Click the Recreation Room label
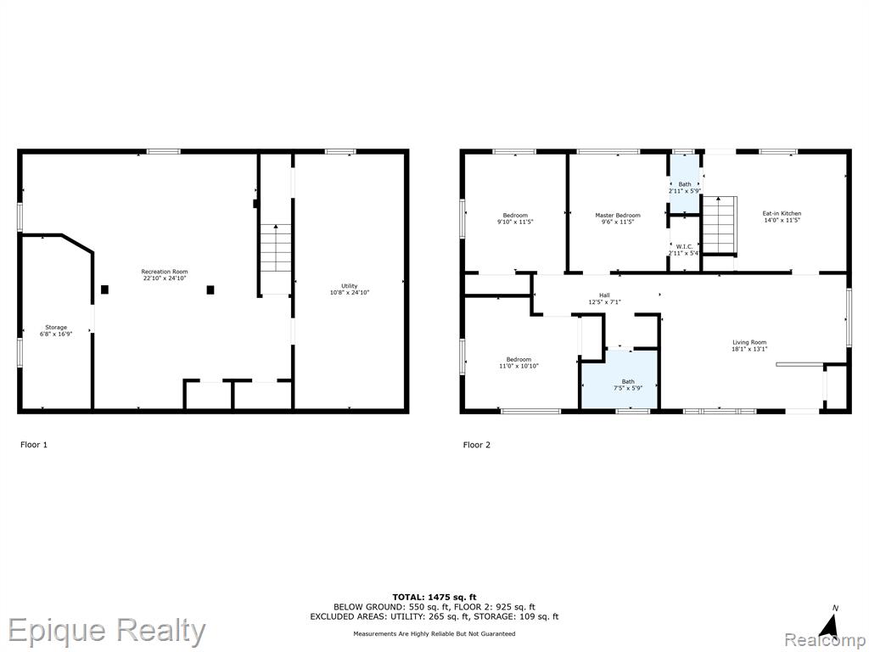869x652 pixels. (x=164, y=272)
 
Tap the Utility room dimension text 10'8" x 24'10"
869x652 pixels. (x=349, y=292)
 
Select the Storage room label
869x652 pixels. (x=56, y=328)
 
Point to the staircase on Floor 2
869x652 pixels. (x=720, y=224)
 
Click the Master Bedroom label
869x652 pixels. (x=618, y=215)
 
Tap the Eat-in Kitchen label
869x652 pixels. (x=782, y=213)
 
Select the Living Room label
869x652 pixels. (x=749, y=343)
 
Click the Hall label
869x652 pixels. (x=604, y=295)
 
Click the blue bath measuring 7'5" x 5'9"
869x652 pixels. (x=619, y=380)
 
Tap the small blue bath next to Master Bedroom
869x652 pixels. (x=685, y=183)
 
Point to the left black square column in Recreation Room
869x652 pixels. (x=104, y=289)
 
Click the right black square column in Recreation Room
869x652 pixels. (x=210, y=289)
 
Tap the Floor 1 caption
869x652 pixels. (x=34, y=445)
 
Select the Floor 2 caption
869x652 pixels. (x=477, y=445)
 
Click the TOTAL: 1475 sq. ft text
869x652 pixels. (x=434, y=597)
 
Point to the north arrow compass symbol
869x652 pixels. (x=829, y=626)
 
